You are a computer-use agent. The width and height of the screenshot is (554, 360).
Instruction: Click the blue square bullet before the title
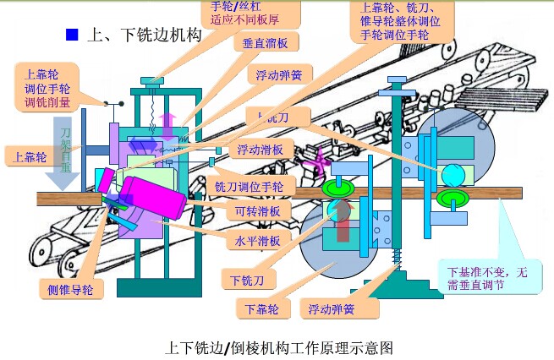[72, 35]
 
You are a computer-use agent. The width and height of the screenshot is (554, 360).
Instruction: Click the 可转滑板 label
[259, 211]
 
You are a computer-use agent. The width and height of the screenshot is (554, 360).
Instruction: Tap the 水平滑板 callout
[259, 240]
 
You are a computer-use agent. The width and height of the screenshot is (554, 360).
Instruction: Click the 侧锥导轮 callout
[70, 290]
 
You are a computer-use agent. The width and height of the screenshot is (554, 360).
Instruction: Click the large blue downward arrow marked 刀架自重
[66, 152]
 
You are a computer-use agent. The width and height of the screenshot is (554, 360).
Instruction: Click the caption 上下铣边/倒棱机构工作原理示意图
[277, 346]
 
